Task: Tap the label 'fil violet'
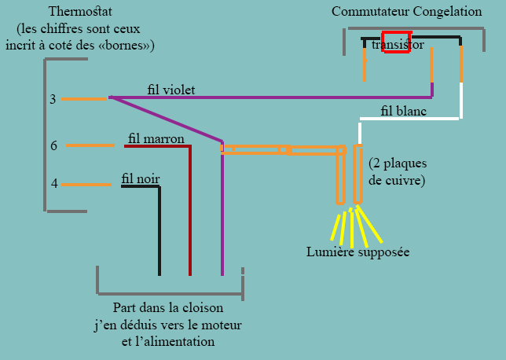click(x=170, y=90)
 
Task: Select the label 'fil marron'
click(x=156, y=139)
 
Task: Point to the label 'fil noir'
click(x=141, y=179)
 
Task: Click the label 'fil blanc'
click(x=403, y=111)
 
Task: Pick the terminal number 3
click(x=53, y=99)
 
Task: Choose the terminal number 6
click(x=53, y=145)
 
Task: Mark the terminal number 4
click(x=54, y=184)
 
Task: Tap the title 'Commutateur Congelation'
click(x=407, y=12)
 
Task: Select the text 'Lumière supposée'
click(x=357, y=252)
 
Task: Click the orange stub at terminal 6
click(x=90, y=145)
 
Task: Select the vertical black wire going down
click(x=159, y=232)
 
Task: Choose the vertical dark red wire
click(x=190, y=212)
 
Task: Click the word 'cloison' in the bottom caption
click(x=202, y=307)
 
